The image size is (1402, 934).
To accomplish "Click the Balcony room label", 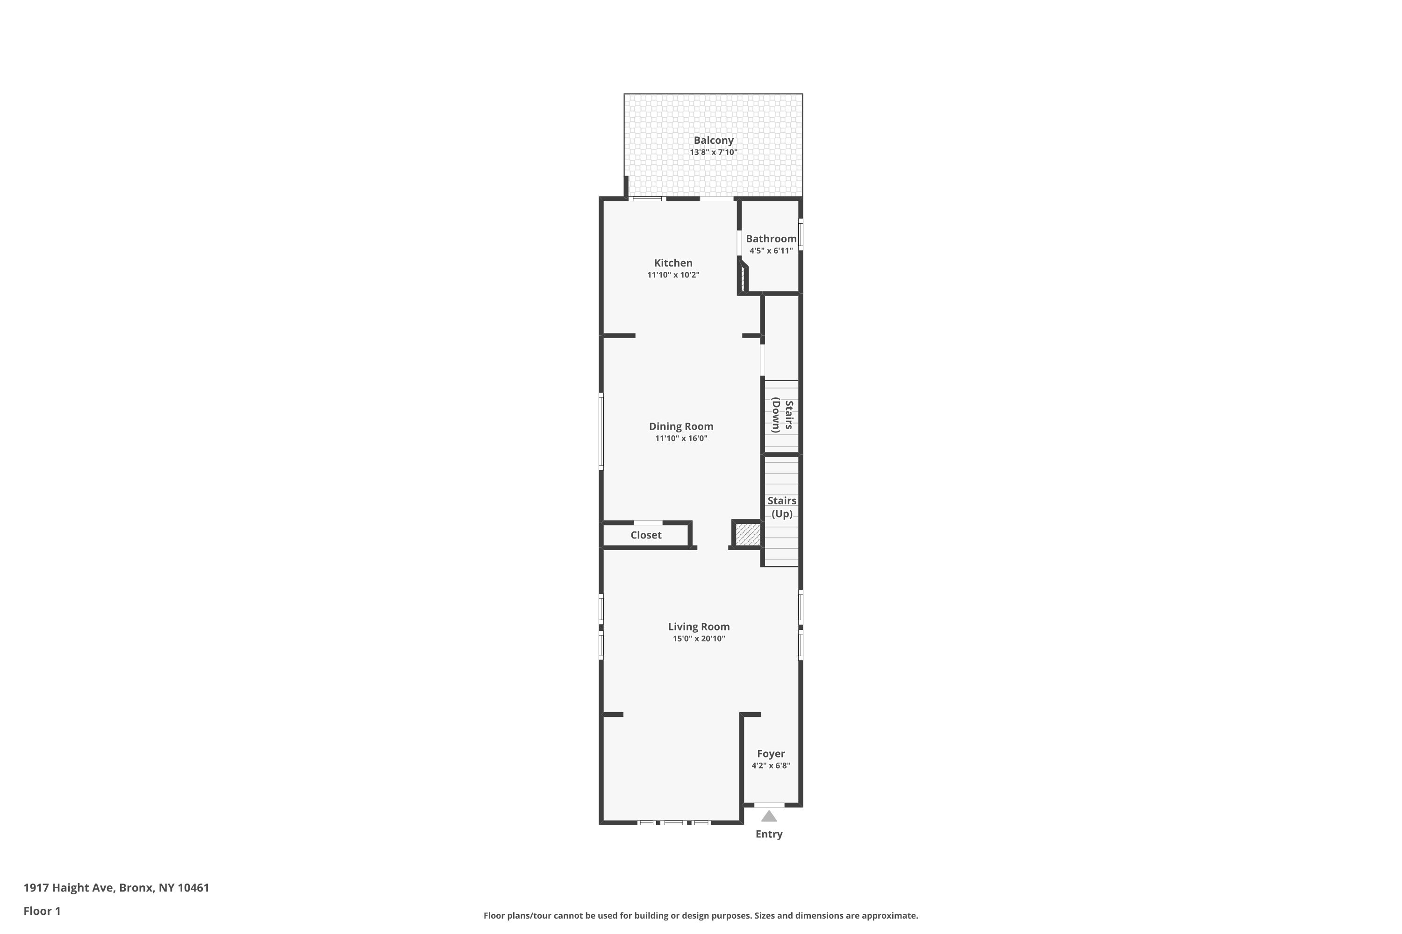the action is (x=714, y=141).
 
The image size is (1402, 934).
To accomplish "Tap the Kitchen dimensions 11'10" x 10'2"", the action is (x=673, y=275).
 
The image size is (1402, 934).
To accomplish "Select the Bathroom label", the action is (x=771, y=239).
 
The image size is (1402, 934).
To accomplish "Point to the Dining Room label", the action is (x=681, y=426).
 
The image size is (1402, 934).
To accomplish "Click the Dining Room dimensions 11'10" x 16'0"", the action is (x=681, y=439).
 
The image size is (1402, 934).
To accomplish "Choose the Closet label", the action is (x=645, y=535).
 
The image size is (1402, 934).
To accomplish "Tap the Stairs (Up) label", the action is (x=781, y=507).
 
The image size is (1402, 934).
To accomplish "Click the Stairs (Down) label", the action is (x=782, y=415).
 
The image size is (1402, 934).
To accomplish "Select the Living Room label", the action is (x=699, y=627).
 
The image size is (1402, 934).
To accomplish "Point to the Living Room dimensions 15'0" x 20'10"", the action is (x=699, y=638).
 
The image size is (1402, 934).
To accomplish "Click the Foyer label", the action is (x=771, y=754).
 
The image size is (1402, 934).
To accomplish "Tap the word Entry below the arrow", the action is (x=769, y=835).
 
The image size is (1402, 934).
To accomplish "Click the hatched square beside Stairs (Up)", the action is (x=747, y=534).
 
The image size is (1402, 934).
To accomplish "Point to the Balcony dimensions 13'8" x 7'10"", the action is (x=714, y=153).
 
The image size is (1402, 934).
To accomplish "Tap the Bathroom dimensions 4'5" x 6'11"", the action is (x=771, y=251).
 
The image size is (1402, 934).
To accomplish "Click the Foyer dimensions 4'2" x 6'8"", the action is (x=771, y=766).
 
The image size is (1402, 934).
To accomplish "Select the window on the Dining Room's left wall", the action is (x=601, y=431).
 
